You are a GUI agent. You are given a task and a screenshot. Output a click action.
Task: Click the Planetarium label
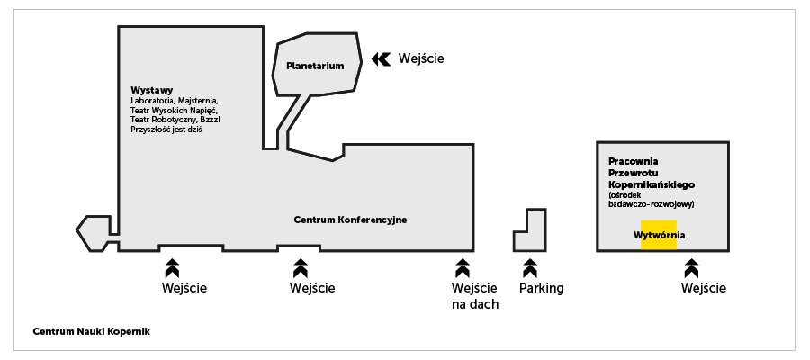315,67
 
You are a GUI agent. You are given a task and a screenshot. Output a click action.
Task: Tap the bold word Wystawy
151,90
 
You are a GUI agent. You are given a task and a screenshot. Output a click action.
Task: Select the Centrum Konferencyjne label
351,220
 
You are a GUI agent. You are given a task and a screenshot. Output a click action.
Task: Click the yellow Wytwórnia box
659,235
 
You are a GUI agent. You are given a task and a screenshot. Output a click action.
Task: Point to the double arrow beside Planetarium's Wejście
381,58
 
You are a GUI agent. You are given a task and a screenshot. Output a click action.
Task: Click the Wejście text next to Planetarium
421,59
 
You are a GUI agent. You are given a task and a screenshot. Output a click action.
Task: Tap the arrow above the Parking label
530,267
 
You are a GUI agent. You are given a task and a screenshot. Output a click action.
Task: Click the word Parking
542,289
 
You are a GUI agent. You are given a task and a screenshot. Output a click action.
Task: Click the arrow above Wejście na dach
463,267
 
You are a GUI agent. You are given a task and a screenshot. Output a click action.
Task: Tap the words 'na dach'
475,304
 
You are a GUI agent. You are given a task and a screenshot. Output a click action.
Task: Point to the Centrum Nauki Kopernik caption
91,331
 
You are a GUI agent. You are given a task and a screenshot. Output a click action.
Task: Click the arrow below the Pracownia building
691,267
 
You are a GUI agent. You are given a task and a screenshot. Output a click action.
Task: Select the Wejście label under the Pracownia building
704,289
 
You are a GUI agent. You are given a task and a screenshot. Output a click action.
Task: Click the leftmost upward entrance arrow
172,267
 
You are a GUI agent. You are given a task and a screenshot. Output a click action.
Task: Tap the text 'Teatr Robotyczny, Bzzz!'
175,120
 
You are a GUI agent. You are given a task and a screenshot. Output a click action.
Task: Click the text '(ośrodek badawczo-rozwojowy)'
651,200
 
